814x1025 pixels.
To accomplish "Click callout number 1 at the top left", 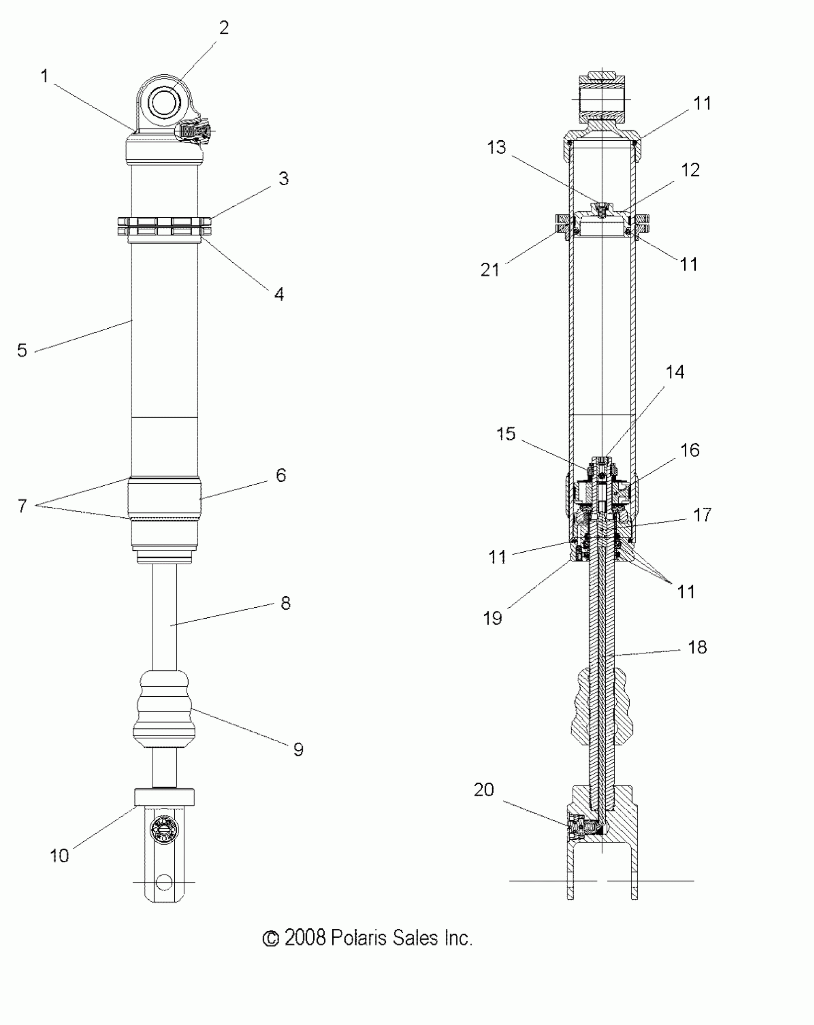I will [x=45, y=76].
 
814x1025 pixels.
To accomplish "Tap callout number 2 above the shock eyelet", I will [x=224, y=28].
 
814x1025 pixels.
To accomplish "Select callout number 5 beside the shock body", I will [x=22, y=350].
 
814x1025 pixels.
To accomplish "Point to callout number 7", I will [x=22, y=506].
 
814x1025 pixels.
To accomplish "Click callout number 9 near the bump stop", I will [x=298, y=749].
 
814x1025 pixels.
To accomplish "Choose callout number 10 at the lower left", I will [x=59, y=856].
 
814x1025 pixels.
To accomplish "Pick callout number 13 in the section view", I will [x=497, y=147].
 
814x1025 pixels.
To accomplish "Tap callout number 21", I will [x=490, y=270].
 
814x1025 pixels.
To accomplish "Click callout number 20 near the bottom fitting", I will [x=484, y=790].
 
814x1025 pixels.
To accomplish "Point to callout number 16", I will [x=690, y=450].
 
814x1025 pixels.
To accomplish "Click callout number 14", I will [x=675, y=372].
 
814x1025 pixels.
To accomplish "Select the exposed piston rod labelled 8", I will [x=164, y=617].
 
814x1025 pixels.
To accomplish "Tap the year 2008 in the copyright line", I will [x=305, y=938].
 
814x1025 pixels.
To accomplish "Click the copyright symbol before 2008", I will [x=271, y=939].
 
